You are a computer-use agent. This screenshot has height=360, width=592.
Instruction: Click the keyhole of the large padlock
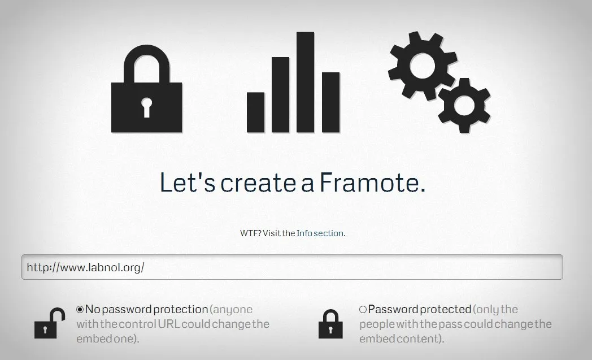click(x=147, y=107)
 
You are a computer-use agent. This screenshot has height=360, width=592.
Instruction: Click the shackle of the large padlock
click(x=147, y=62)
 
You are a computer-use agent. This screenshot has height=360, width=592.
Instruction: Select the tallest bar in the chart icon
click(x=305, y=82)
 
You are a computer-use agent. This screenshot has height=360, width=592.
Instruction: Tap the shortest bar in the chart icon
click(x=256, y=111)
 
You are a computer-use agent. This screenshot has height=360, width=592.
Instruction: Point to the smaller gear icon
click(x=464, y=105)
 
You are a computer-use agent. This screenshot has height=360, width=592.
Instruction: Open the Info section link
click(x=320, y=233)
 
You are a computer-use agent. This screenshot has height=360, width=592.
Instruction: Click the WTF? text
click(x=250, y=233)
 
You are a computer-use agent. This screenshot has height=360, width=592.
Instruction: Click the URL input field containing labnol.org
click(x=292, y=267)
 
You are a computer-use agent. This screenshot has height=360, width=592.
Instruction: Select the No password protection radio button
click(x=80, y=310)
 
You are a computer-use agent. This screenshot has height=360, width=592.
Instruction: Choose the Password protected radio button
click(x=363, y=310)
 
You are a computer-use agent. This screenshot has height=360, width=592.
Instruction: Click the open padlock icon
click(x=50, y=323)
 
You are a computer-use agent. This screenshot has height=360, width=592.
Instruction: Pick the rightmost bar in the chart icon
click(x=330, y=102)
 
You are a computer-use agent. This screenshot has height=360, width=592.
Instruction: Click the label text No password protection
click(x=146, y=310)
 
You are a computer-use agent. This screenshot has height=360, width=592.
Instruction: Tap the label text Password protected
click(x=419, y=310)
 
